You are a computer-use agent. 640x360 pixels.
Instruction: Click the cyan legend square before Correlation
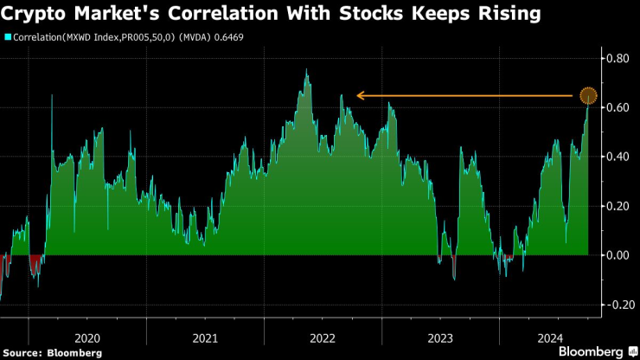pyautogui.click(x=8, y=38)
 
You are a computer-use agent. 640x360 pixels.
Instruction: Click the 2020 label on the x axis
pyautogui.click(x=87, y=337)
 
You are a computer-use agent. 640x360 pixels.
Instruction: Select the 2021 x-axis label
pyautogui.click(x=205, y=337)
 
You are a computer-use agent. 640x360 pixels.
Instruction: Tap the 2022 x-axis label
pyautogui.click(x=323, y=337)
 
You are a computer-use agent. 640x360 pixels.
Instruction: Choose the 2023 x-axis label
pyautogui.click(x=440, y=337)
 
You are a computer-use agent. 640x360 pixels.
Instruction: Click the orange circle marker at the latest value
pyautogui.click(x=588, y=95)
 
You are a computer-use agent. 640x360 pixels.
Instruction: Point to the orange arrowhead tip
pyautogui.click(x=358, y=95)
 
